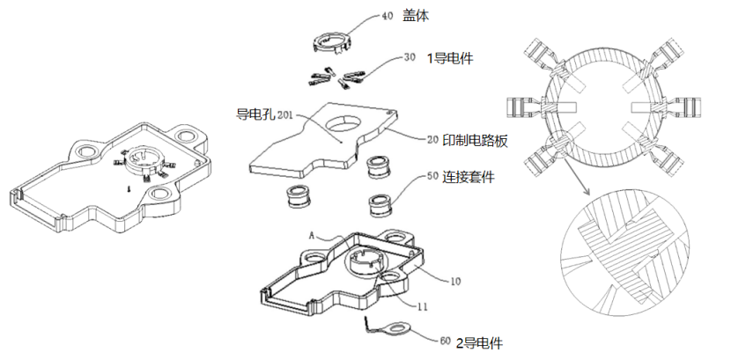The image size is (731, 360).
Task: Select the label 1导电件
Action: pos(450,59)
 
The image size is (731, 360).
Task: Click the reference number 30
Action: pos(410,58)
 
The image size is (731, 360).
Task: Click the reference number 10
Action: pos(456,283)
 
